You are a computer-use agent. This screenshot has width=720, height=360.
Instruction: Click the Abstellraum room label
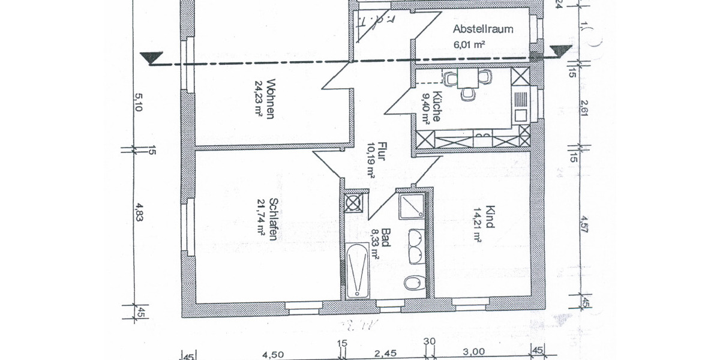[x=483, y=29]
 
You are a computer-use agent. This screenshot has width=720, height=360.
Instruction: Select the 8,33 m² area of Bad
[x=376, y=242]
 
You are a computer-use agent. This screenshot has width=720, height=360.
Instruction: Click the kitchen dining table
[x=469, y=78]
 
